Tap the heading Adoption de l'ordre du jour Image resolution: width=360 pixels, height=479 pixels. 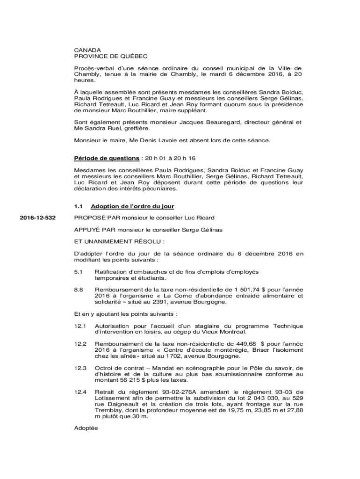tap(133, 206)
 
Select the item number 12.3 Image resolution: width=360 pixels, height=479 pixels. tap(80, 368)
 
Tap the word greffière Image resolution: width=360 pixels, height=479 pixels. tap(135, 128)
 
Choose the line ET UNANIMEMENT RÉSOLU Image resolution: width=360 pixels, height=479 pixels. tap(119, 242)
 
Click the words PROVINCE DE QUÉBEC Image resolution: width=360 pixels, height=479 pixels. tap(111, 56)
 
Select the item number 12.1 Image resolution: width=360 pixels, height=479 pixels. tap(80, 326)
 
